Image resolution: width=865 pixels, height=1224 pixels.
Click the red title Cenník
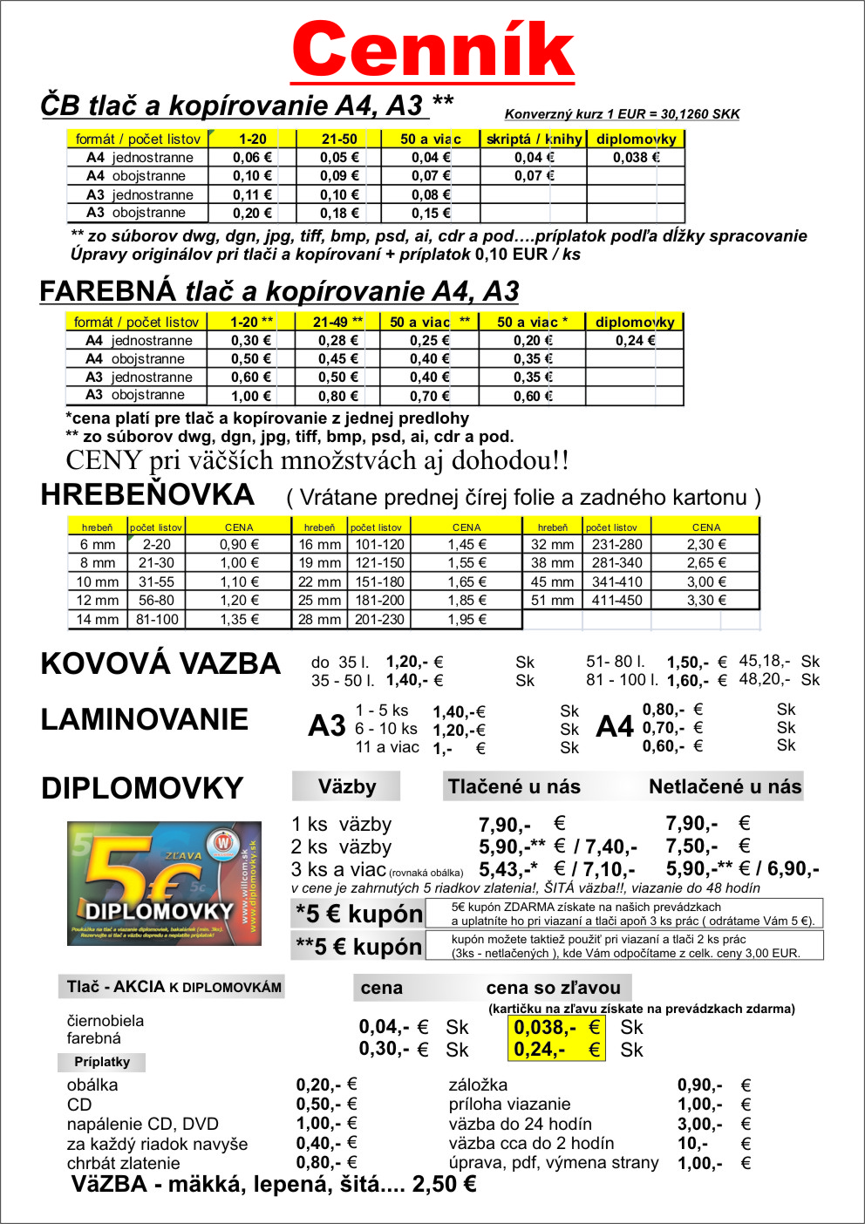pos(433,50)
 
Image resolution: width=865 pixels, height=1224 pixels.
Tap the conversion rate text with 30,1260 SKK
pos(622,114)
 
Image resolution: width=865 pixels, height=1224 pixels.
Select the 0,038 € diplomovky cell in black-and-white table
pos(636,158)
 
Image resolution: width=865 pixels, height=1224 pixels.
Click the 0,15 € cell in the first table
pos(431,213)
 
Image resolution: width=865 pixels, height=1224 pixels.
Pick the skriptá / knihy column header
pos(534,139)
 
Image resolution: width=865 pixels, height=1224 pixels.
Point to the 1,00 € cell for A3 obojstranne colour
pos(251,396)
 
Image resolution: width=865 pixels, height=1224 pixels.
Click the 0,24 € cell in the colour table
pos(635,341)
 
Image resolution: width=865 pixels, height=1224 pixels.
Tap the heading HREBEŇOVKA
pos(147,494)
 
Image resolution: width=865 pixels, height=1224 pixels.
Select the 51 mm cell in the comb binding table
pos(552,601)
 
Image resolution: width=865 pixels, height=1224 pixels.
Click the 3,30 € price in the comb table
pos(706,601)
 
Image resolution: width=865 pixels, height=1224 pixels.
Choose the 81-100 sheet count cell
pos(157,620)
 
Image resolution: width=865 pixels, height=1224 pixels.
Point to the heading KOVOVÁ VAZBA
pos(160,663)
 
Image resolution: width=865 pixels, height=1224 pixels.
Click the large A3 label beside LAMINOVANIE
pos(327,726)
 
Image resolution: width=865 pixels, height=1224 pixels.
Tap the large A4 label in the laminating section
pos(615,727)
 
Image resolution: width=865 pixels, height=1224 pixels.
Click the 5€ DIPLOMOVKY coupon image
pos(164,883)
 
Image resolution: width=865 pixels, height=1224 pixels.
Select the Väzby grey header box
pos(346,786)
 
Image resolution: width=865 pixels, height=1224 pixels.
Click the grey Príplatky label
pos(102,1062)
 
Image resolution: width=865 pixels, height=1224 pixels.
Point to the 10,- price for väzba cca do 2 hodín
pos(692,1143)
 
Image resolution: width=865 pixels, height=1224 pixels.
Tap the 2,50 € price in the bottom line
pos(444,1184)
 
